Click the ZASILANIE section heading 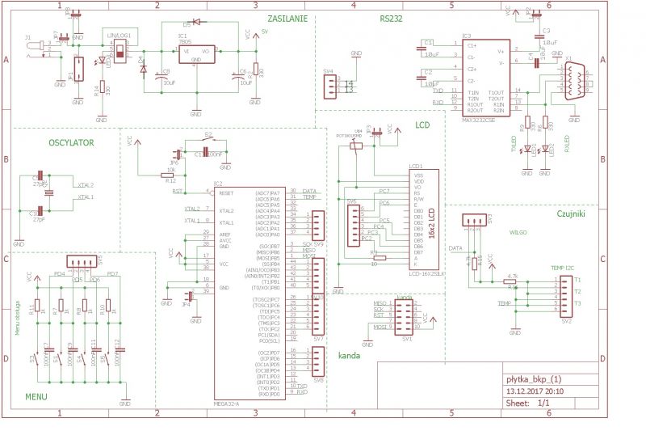pyautogui.click(x=287, y=18)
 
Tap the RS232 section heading pyautogui.click(x=392, y=18)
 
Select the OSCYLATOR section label pyautogui.click(x=71, y=142)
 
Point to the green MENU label pyautogui.click(x=36, y=396)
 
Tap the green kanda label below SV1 pyautogui.click(x=349, y=355)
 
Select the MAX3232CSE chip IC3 pyautogui.click(x=485, y=77)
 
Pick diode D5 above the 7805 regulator pyautogui.click(x=192, y=24)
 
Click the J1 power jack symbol pyautogui.click(x=35, y=49)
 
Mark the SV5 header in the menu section pyautogui.click(x=79, y=263)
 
